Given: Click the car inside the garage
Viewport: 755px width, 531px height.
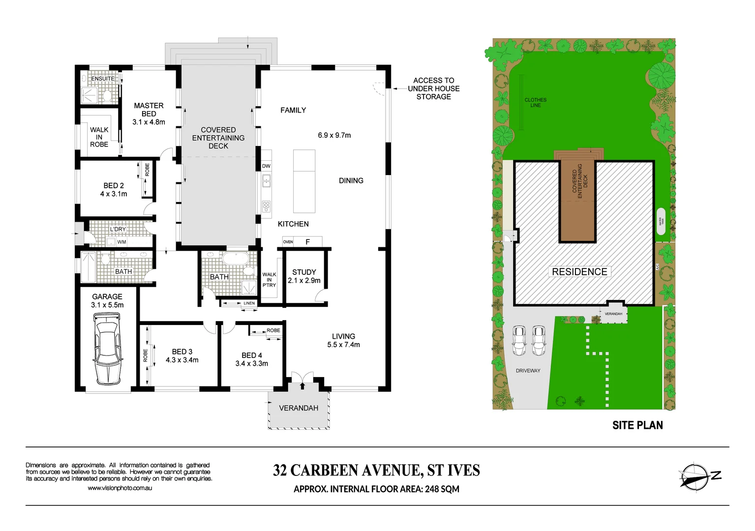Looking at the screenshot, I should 107,350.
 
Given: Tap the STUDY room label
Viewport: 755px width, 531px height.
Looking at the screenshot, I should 304,272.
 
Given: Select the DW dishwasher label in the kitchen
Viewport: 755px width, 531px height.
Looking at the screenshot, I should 266,166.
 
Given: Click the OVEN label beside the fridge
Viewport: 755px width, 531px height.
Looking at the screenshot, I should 288,242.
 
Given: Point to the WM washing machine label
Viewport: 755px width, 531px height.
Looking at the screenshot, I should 121,242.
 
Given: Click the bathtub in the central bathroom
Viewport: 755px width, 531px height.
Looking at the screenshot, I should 237,259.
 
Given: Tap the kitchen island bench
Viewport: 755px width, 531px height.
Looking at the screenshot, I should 304,181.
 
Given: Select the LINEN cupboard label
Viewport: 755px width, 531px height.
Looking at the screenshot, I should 249,303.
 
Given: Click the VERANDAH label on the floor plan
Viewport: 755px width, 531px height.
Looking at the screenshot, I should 299,408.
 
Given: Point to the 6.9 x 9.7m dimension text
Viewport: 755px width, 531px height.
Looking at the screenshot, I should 334,135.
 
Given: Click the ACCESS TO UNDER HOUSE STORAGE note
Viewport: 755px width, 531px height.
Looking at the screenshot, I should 433,88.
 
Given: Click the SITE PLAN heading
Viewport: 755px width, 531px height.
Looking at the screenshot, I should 637,425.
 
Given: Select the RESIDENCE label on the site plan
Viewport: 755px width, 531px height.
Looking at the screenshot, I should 579,272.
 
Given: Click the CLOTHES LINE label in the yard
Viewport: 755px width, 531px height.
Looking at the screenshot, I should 535,102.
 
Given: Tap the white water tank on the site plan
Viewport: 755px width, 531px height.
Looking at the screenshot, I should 661,221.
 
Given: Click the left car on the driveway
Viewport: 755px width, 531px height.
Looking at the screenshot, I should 519,340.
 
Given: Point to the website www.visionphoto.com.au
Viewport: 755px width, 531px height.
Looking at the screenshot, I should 120,488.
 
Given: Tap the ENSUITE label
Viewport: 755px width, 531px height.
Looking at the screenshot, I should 103,79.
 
